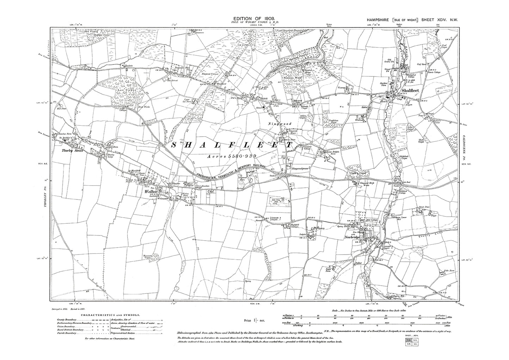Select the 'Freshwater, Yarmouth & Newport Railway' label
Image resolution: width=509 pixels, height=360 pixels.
click(229, 173)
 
